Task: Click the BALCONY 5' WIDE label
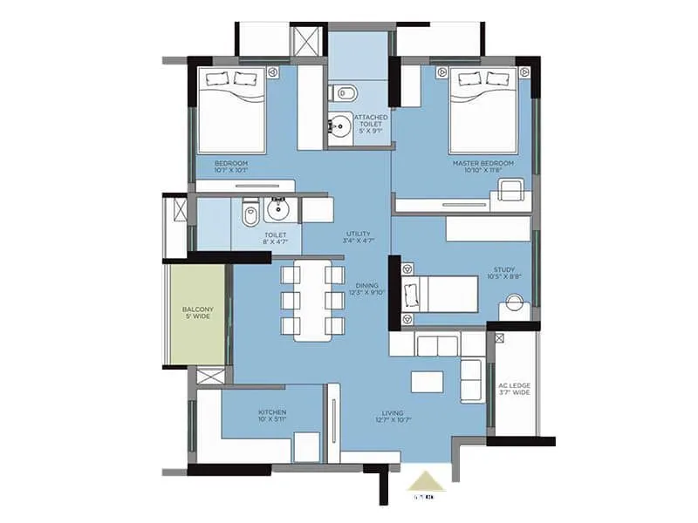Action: point(197,313)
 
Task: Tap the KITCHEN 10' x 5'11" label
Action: point(272,416)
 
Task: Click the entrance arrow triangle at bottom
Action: point(426,480)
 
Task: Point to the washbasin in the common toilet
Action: point(279,209)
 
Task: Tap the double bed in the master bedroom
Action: point(485,109)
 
